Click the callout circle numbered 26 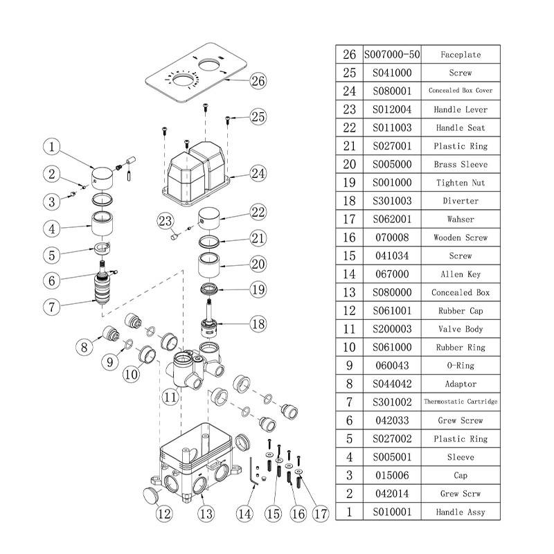[x=258, y=81]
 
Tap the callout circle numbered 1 [x=53, y=147]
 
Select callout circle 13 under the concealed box [x=206, y=514]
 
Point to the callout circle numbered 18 [x=258, y=324]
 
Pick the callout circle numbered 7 [x=53, y=305]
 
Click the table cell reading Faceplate [x=460, y=54]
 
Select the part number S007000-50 [x=392, y=54]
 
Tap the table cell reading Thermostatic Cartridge [x=460, y=402]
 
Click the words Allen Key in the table [x=460, y=274]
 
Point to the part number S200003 [x=392, y=329]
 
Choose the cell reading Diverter [x=460, y=201]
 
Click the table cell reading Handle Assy [x=460, y=512]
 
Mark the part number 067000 [x=392, y=274]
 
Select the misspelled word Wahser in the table [x=460, y=220]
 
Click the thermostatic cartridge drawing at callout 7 [x=104, y=289]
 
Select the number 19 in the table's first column [x=349, y=183]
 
